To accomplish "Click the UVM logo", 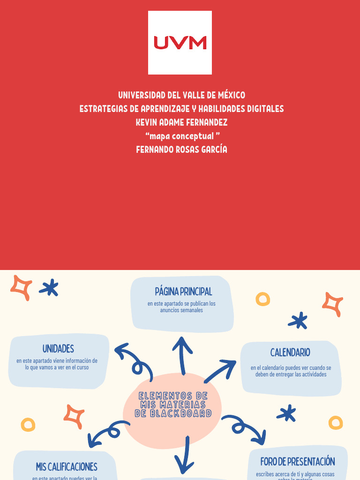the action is tap(180, 43).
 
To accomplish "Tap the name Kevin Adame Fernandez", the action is tap(181, 122).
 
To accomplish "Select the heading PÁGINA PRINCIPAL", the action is tap(183, 292).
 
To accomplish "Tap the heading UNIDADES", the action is tap(58, 349).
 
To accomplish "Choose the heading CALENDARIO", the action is tap(290, 352).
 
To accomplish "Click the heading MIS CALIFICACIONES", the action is tap(67, 467).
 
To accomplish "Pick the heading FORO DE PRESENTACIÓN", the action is tap(298, 462).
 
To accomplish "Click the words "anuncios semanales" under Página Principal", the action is tap(181, 310).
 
